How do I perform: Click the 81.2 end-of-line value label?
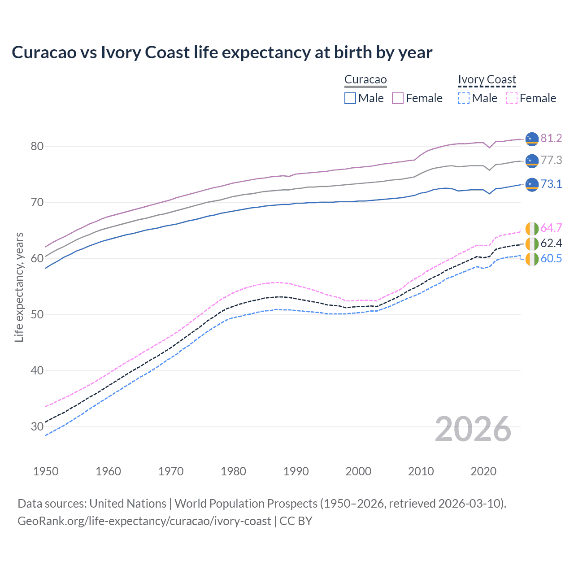[551, 138]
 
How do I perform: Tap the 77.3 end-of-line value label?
[551, 160]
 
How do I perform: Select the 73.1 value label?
[551, 184]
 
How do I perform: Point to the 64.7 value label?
[551, 228]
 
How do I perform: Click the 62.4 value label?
[551, 243]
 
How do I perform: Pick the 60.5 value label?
[551, 258]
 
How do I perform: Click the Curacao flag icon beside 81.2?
[532, 139]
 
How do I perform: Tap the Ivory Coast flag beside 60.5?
[532, 259]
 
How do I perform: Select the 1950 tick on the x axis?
[46, 471]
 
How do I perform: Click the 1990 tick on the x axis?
[296, 471]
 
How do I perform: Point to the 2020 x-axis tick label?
[483, 471]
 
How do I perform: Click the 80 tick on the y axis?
[37, 146]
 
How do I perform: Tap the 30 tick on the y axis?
[37, 426]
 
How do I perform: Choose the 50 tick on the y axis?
[37, 314]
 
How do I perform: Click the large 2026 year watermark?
[473, 429]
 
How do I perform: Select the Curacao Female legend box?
[398, 98]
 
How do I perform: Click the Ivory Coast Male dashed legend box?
[464, 98]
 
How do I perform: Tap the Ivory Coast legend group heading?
[487, 79]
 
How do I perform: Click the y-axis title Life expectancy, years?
[19, 287]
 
